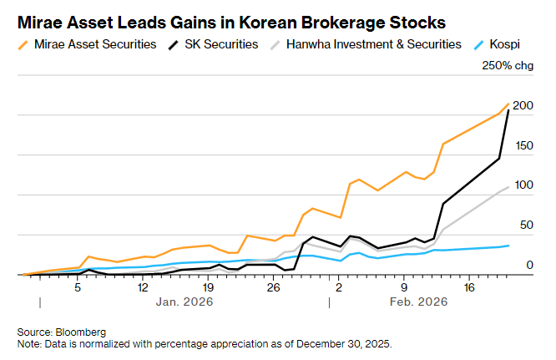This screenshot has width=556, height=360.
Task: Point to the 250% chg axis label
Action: click(507, 67)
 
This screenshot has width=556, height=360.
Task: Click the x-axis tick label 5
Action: click(78, 287)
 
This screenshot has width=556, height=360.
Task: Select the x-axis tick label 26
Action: click(273, 287)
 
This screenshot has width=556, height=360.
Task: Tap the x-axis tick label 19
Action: click(208, 287)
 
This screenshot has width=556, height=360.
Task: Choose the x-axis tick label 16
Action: click(469, 287)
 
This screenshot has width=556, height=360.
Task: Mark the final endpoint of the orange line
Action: click(508, 104)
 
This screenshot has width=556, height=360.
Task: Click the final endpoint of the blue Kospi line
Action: click(508, 246)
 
